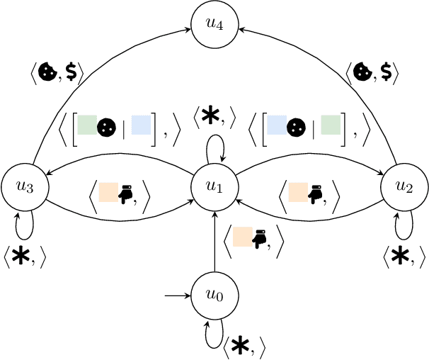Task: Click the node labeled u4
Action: click(x=214, y=24)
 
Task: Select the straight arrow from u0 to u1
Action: click(x=214, y=241)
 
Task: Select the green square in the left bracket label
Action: click(x=87, y=126)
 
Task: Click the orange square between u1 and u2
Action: click(x=298, y=192)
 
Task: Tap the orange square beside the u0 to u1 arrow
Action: click(x=242, y=237)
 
